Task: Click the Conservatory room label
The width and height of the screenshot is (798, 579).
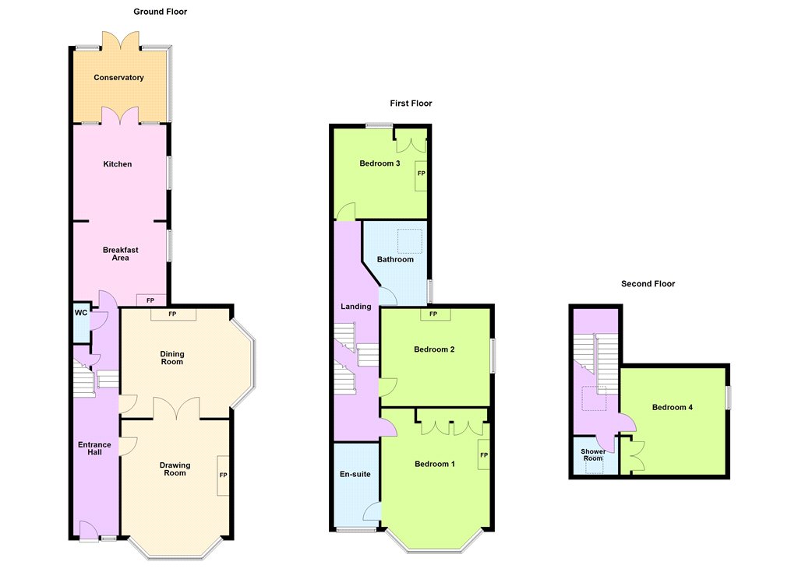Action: coord(118,77)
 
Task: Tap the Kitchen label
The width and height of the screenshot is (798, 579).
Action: coord(118,163)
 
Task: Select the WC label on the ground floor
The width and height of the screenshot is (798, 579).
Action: coord(81,313)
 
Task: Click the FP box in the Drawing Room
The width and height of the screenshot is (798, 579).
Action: coord(223,475)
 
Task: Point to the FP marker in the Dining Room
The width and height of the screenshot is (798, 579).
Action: coord(172,314)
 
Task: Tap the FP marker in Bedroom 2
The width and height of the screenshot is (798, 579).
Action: coord(433,314)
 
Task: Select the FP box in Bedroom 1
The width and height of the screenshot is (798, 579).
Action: coord(483,455)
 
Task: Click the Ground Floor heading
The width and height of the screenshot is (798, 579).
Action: coord(161,12)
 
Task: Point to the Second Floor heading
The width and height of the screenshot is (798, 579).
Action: coord(648,283)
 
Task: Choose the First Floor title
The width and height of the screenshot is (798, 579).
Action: coord(411,104)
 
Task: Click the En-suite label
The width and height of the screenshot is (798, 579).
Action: coord(355,474)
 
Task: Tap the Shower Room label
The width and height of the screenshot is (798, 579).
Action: coord(593,454)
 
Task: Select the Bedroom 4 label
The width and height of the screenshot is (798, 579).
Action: coord(673,407)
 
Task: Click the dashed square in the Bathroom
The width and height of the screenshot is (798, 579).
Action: coord(410,241)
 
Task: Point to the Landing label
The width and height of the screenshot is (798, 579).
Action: coord(355,307)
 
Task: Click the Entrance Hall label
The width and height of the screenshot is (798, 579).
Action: coord(94,448)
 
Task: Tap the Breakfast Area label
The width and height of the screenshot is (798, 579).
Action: coord(121,254)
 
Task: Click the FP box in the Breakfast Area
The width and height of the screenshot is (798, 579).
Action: coord(150,300)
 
